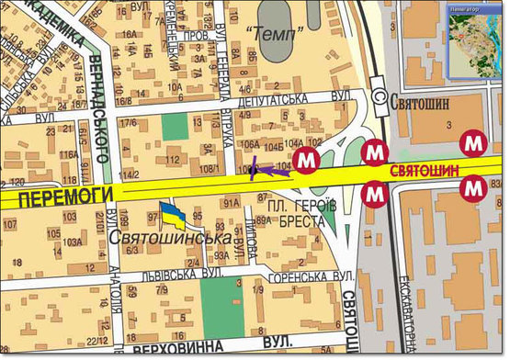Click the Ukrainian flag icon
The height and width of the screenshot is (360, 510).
[173, 214]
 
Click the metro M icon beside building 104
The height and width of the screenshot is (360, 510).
[306, 160]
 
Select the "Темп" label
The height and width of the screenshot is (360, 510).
[276, 34]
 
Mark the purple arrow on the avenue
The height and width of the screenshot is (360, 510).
[267, 169]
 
